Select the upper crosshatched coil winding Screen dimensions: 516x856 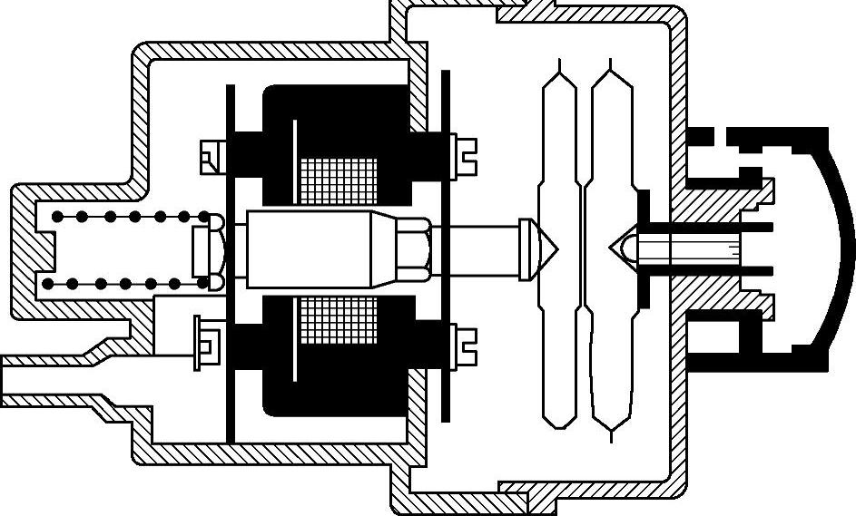tap(338, 180)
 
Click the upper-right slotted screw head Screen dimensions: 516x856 tap(464, 154)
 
